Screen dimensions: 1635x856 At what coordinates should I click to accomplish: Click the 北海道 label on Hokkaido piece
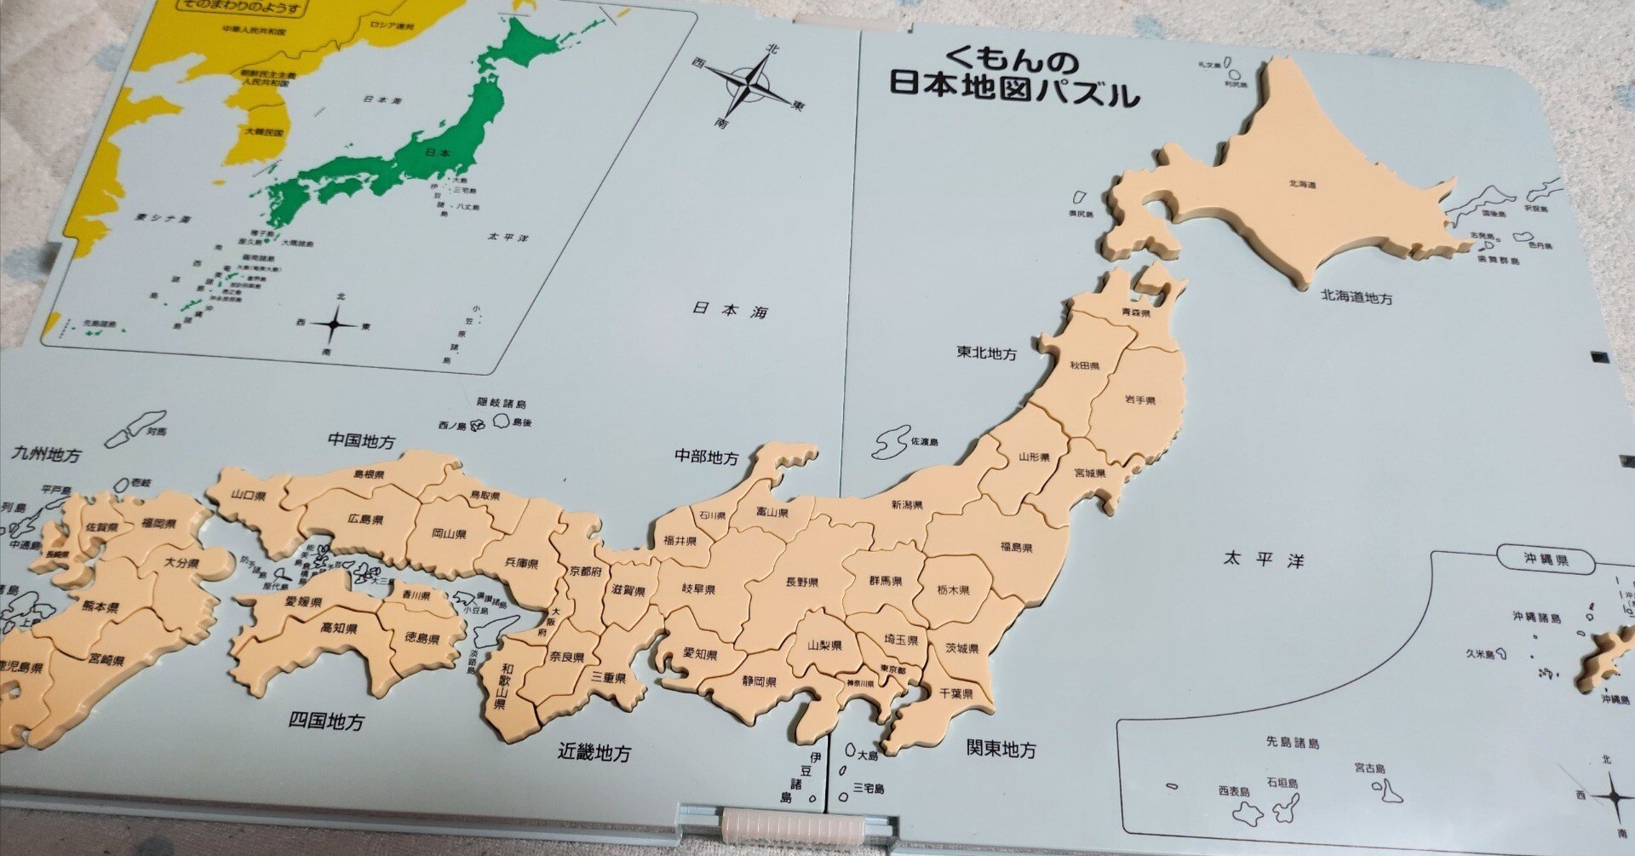(x=1303, y=183)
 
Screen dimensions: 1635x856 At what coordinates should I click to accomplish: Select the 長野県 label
(x=801, y=583)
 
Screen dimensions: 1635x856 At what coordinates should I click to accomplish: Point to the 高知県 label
(x=338, y=629)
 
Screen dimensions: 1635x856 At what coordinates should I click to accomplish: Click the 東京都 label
(x=892, y=670)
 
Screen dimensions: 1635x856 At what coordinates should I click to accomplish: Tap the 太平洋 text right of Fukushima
(x=1264, y=560)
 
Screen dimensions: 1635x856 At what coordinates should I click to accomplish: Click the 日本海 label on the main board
(x=730, y=310)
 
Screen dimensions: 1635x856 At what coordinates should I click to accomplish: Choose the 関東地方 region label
(x=1001, y=750)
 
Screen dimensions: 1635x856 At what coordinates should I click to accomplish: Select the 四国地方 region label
(x=326, y=721)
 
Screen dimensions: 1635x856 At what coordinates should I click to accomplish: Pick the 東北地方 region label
(x=986, y=353)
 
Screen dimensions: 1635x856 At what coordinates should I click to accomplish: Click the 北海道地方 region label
(x=1357, y=297)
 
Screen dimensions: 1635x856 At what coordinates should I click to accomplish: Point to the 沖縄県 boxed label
(x=1546, y=560)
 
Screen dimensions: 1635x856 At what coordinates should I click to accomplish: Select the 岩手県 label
(x=1139, y=400)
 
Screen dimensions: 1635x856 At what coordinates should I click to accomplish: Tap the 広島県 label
(x=364, y=520)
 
